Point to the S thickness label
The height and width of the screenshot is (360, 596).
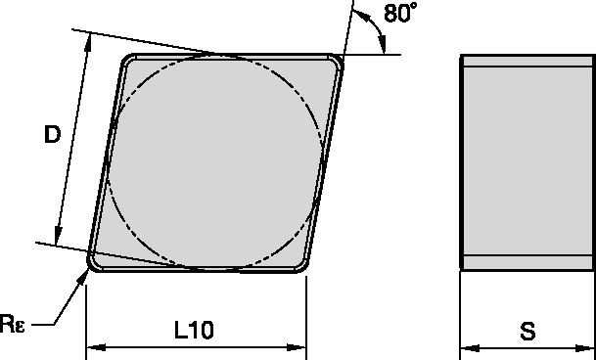coord(528,332)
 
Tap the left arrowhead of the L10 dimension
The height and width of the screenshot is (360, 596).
coord(93,346)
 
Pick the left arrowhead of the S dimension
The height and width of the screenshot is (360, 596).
coord(467,346)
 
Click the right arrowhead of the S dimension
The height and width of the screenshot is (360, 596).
coord(589,346)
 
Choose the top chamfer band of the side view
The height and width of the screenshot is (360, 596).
coord(527,62)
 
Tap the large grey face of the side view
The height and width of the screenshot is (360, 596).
coord(527,161)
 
